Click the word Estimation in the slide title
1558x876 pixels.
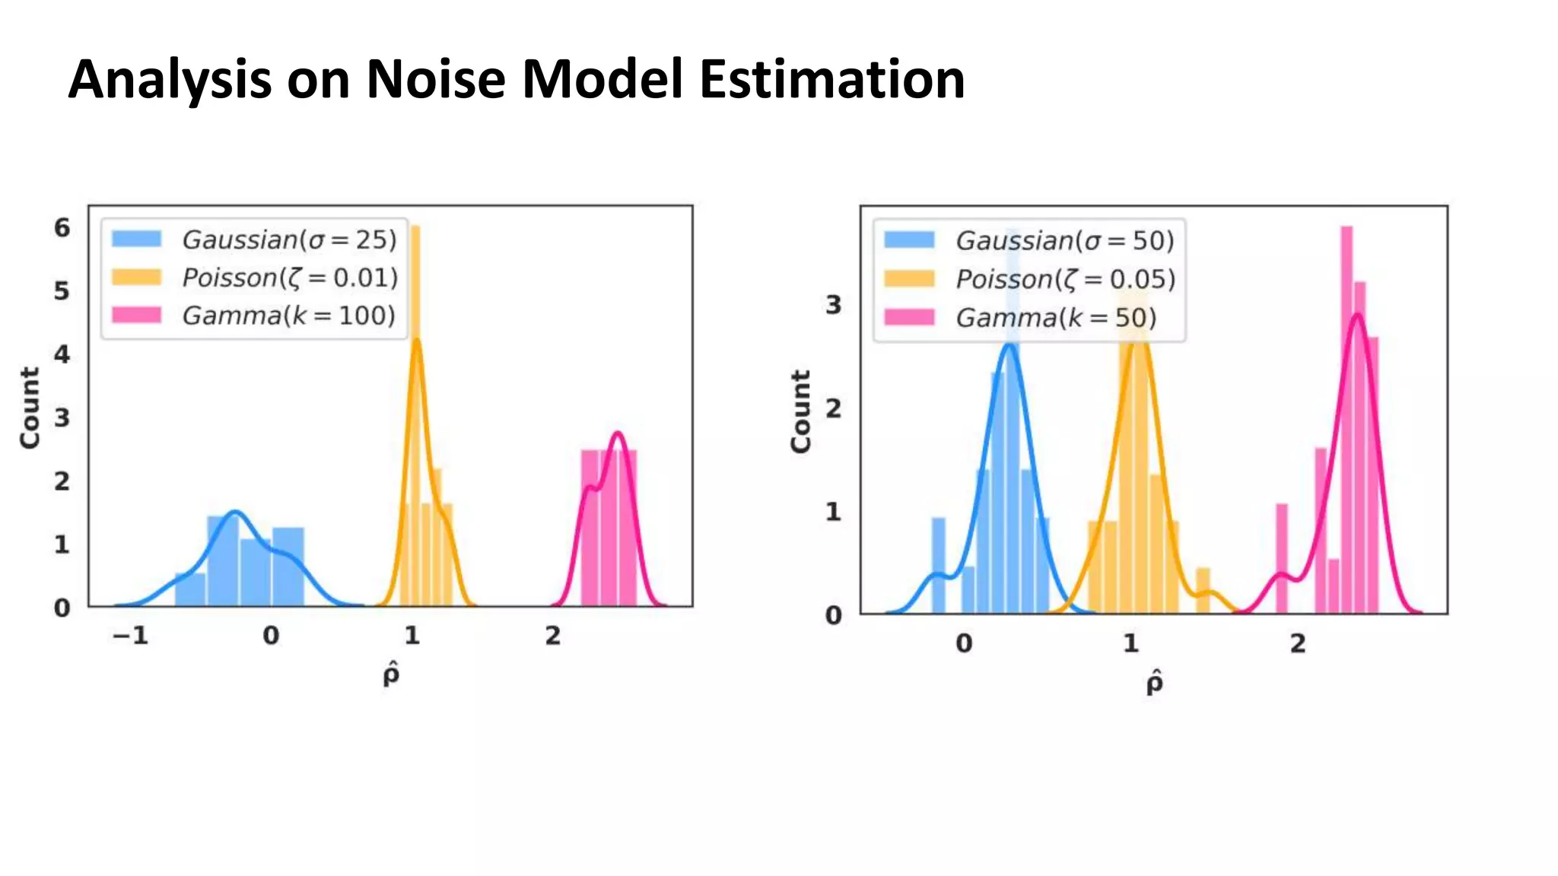(x=831, y=79)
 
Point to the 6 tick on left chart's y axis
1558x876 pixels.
(x=62, y=227)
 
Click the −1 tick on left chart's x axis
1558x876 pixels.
(x=130, y=636)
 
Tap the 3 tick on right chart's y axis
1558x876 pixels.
(x=834, y=305)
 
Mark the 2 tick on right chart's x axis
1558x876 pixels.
(x=1298, y=644)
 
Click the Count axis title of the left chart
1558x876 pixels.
(x=30, y=408)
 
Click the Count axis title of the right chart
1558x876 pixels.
(x=801, y=411)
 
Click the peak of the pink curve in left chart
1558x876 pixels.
(x=618, y=434)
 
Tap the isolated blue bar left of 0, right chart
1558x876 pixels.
(x=939, y=564)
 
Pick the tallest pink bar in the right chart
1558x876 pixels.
(x=1347, y=418)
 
